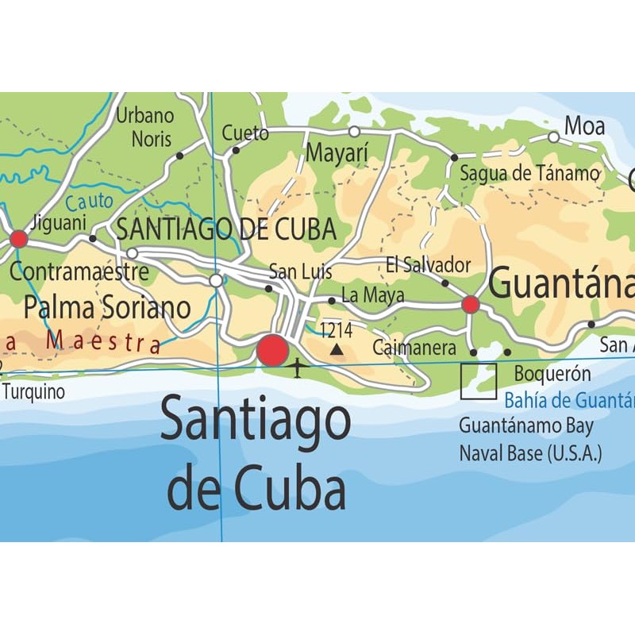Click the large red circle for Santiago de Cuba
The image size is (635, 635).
tap(272, 350)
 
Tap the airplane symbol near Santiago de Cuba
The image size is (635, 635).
tap(297, 368)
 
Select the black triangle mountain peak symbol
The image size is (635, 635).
tap(337, 348)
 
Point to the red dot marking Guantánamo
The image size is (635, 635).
tap(471, 304)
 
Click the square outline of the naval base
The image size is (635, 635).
tap(479, 381)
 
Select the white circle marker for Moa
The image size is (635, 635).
tap(553, 137)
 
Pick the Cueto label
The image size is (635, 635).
tap(245, 133)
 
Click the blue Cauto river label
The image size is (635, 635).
tap(90, 202)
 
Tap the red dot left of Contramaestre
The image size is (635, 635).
tap(18, 239)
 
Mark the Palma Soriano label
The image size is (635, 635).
tap(107, 307)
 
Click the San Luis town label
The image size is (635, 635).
tap(300, 271)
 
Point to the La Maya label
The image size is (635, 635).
tap(372, 296)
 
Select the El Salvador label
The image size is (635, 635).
tap(428, 265)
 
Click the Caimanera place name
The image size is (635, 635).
tap(414, 348)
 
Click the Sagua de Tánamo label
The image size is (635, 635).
tap(529, 173)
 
